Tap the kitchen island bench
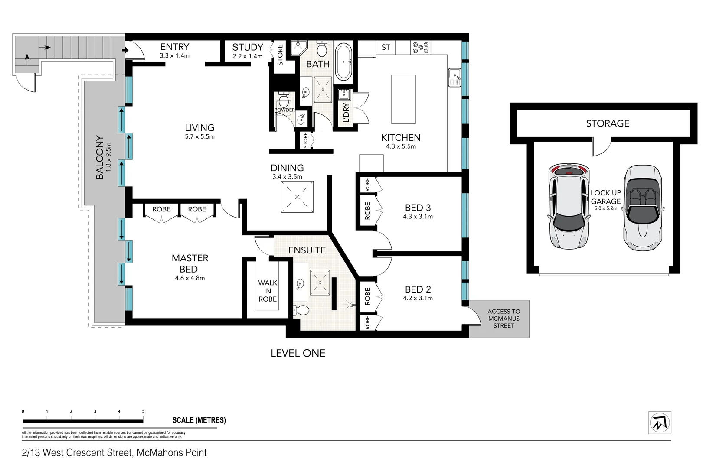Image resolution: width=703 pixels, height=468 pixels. tap(403, 99)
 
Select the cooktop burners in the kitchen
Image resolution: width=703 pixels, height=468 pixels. tap(421, 48)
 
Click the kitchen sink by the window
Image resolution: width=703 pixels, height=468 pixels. tap(454, 77)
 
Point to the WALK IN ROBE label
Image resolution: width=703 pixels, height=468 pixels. tap(268, 291)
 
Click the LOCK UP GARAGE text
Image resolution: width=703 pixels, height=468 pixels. tap(605, 197)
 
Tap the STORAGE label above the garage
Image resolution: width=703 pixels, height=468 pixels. tap(607, 123)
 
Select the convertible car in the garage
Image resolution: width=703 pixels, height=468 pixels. tap(642, 208)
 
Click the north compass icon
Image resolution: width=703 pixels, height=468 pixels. tap(660, 422)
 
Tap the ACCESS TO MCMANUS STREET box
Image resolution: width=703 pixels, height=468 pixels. tap(503, 318)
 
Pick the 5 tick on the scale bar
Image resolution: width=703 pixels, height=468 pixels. tap(143, 412)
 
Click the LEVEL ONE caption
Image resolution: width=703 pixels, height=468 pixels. tap(298, 353)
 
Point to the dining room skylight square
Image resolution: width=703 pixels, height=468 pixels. tap(297, 197)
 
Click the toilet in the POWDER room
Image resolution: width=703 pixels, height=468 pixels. tap(284, 101)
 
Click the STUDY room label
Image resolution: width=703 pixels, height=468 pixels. tap(247, 47)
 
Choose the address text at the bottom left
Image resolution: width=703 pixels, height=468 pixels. tap(114, 453)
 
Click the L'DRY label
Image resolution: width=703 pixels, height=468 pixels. tap(346, 113)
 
